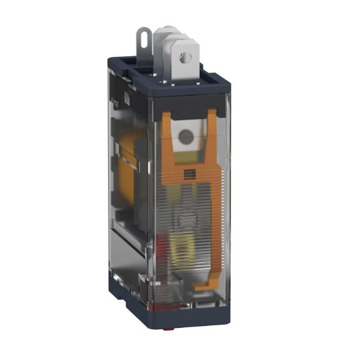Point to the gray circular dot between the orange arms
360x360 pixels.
point(187,137)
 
